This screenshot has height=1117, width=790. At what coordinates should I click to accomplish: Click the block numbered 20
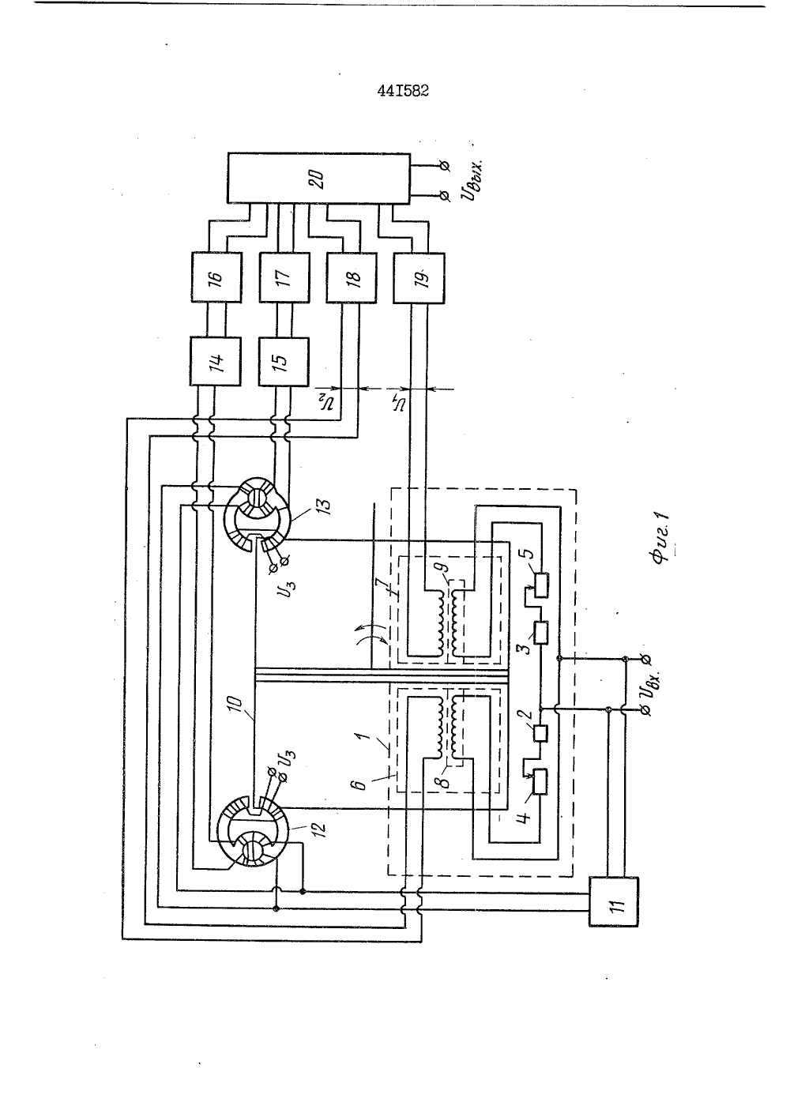318,178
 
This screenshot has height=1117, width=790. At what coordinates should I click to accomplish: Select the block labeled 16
216,277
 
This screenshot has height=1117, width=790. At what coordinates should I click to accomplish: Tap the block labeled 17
284,277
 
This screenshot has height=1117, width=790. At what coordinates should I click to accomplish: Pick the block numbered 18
352,278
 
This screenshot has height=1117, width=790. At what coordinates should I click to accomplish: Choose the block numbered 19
419,278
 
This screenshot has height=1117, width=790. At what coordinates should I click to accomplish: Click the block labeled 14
216,361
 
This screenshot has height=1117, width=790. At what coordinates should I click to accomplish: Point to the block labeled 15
284,361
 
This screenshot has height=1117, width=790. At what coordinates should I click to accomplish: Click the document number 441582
403,92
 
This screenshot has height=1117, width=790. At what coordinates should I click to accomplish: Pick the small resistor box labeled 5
540,585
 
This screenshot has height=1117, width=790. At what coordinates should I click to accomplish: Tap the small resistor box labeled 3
540,632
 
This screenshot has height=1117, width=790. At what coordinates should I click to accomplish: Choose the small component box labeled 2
540,732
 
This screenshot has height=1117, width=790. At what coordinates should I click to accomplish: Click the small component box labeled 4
540,782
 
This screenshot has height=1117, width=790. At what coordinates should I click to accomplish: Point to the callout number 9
444,567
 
